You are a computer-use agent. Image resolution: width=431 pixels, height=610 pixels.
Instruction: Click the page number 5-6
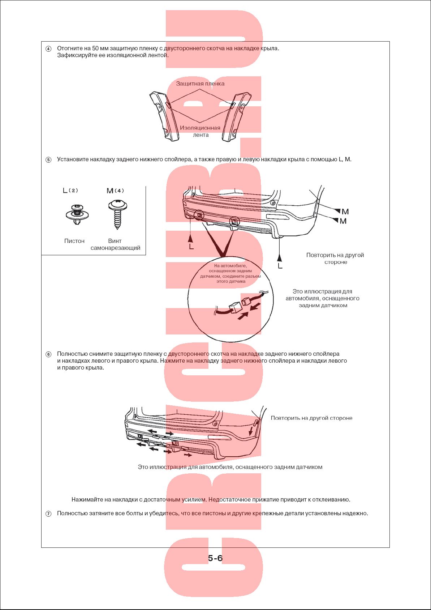pyautogui.click(x=215, y=558)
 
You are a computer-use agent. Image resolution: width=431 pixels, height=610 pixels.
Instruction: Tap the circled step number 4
pyautogui.click(x=48, y=49)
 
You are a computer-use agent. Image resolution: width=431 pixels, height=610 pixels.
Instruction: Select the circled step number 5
pyautogui.click(x=48, y=160)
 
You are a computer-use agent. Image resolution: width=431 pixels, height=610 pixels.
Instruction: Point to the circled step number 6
pyautogui.click(x=48, y=354)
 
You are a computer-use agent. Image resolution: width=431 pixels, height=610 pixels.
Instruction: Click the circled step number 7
pyautogui.click(x=48, y=514)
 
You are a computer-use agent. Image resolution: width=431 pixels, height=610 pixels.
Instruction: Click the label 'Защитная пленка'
pyautogui.click(x=200, y=84)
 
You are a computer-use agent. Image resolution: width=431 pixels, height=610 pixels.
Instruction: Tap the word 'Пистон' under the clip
pyautogui.click(x=74, y=241)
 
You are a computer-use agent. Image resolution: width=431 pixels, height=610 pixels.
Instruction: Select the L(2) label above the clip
pyautogui.click(x=70, y=191)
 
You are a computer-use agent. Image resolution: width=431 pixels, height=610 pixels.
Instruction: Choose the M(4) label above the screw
pyautogui.click(x=115, y=191)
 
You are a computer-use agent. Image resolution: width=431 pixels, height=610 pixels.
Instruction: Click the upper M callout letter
pyautogui.click(x=345, y=212)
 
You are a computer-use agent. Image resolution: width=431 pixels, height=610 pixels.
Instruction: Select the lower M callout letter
pyautogui.click(x=343, y=221)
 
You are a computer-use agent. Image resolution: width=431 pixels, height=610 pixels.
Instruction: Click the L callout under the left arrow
pyautogui.click(x=191, y=247)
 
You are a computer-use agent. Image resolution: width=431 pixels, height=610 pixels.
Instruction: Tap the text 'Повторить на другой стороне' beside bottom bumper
pyautogui.click(x=311, y=418)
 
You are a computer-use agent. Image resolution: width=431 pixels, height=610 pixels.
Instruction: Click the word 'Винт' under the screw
pyautogui.click(x=115, y=241)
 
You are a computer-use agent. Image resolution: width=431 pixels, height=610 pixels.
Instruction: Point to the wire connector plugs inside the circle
pyautogui.click(x=240, y=304)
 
